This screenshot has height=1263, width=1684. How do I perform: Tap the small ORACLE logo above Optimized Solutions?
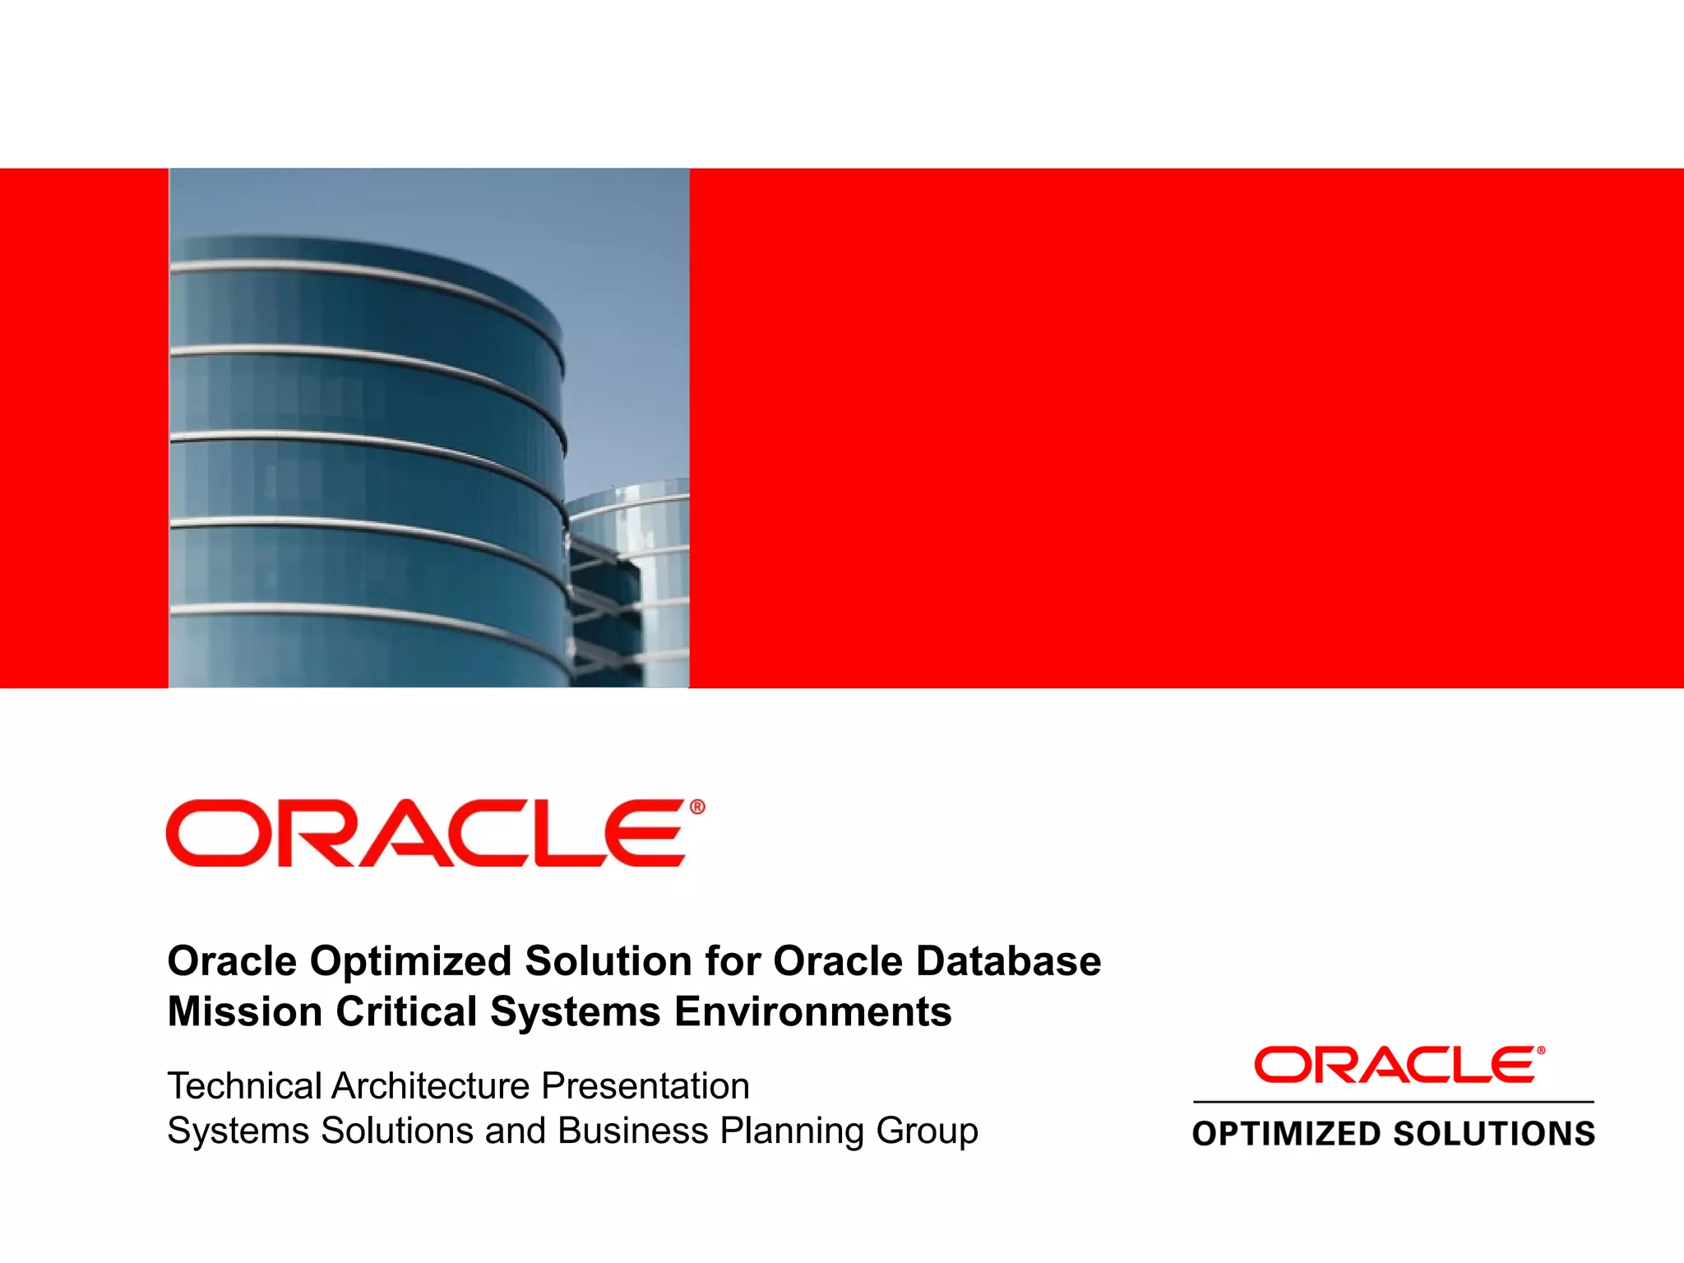click(1395, 1065)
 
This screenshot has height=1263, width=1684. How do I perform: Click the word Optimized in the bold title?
click(410, 961)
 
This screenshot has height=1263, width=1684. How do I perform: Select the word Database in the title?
click(1008, 961)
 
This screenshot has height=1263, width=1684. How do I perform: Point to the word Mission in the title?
click(244, 1011)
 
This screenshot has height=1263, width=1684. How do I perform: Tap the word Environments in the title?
click(812, 1011)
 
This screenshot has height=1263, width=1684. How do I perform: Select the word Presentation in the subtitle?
click(645, 1086)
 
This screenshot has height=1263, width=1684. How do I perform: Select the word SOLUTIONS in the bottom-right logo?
click(1494, 1134)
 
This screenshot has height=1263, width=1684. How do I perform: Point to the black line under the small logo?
click(1393, 1101)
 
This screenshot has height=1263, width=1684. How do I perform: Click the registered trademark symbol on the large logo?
click(697, 807)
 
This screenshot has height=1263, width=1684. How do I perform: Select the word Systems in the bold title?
click(575, 1011)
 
